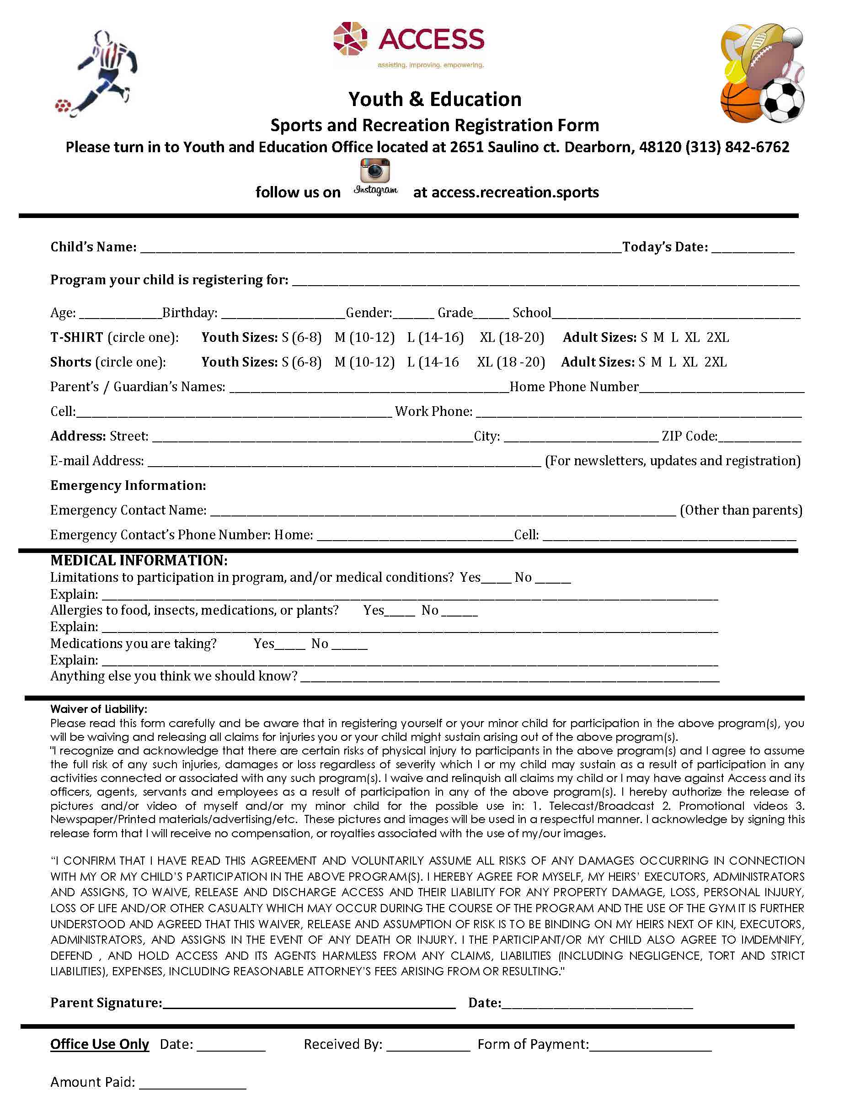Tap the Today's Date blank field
[753, 249]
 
